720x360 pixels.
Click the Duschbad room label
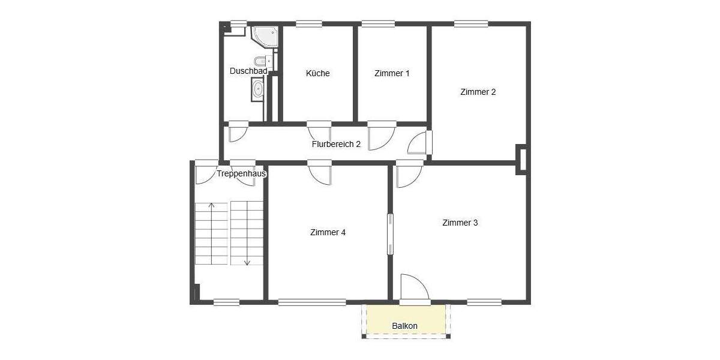pos(248,71)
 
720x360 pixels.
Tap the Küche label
pos(317,73)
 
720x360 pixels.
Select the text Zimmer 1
pos(392,73)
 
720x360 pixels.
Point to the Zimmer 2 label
pos(478,92)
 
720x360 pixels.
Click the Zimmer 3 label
pos(460,223)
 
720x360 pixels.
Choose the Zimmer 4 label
pos(328,232)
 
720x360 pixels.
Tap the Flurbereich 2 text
pos(336,144)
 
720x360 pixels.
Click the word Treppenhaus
pos(241,173)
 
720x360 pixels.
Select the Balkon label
pos(404,326)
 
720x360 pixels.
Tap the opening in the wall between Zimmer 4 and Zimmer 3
pos(390,234)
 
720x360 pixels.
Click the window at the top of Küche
pos(309,24)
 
